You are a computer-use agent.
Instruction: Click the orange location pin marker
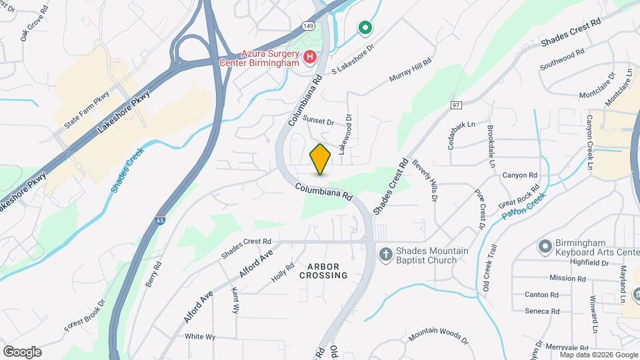pos(320,159)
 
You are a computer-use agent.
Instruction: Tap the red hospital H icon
pos(309,57)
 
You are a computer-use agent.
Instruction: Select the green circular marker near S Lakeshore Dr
pos(364,28)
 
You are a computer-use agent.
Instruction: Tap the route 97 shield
pos(456,105)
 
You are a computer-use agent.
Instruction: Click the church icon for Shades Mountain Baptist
pos(385,254)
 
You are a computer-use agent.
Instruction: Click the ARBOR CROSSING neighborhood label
pos(323,270)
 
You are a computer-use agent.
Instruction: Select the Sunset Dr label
pos(318,121)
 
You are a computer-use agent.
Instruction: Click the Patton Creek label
pos(524,203)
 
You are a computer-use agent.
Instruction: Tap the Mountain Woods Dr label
pos(439,333)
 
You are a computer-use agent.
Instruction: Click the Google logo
pos(21,351)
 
